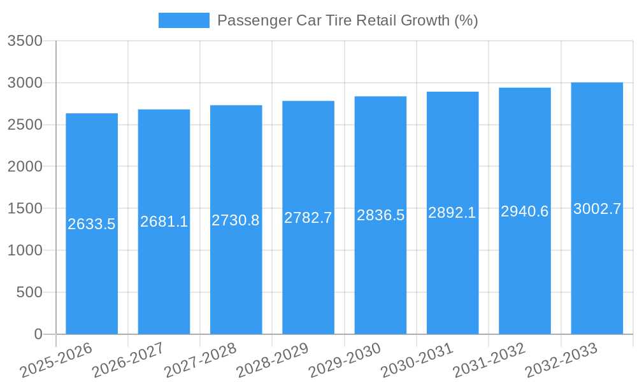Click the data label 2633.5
92,224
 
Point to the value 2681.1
164,222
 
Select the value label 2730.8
236,220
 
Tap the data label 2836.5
380,215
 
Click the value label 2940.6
524,211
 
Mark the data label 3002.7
597,209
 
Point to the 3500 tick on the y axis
25,41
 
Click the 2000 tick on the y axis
25,167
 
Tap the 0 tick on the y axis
38,334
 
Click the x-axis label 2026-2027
128,360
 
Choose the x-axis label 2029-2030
345,360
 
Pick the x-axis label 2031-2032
489,360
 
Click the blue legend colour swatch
183,20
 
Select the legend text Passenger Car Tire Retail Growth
347,20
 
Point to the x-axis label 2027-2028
200,360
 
